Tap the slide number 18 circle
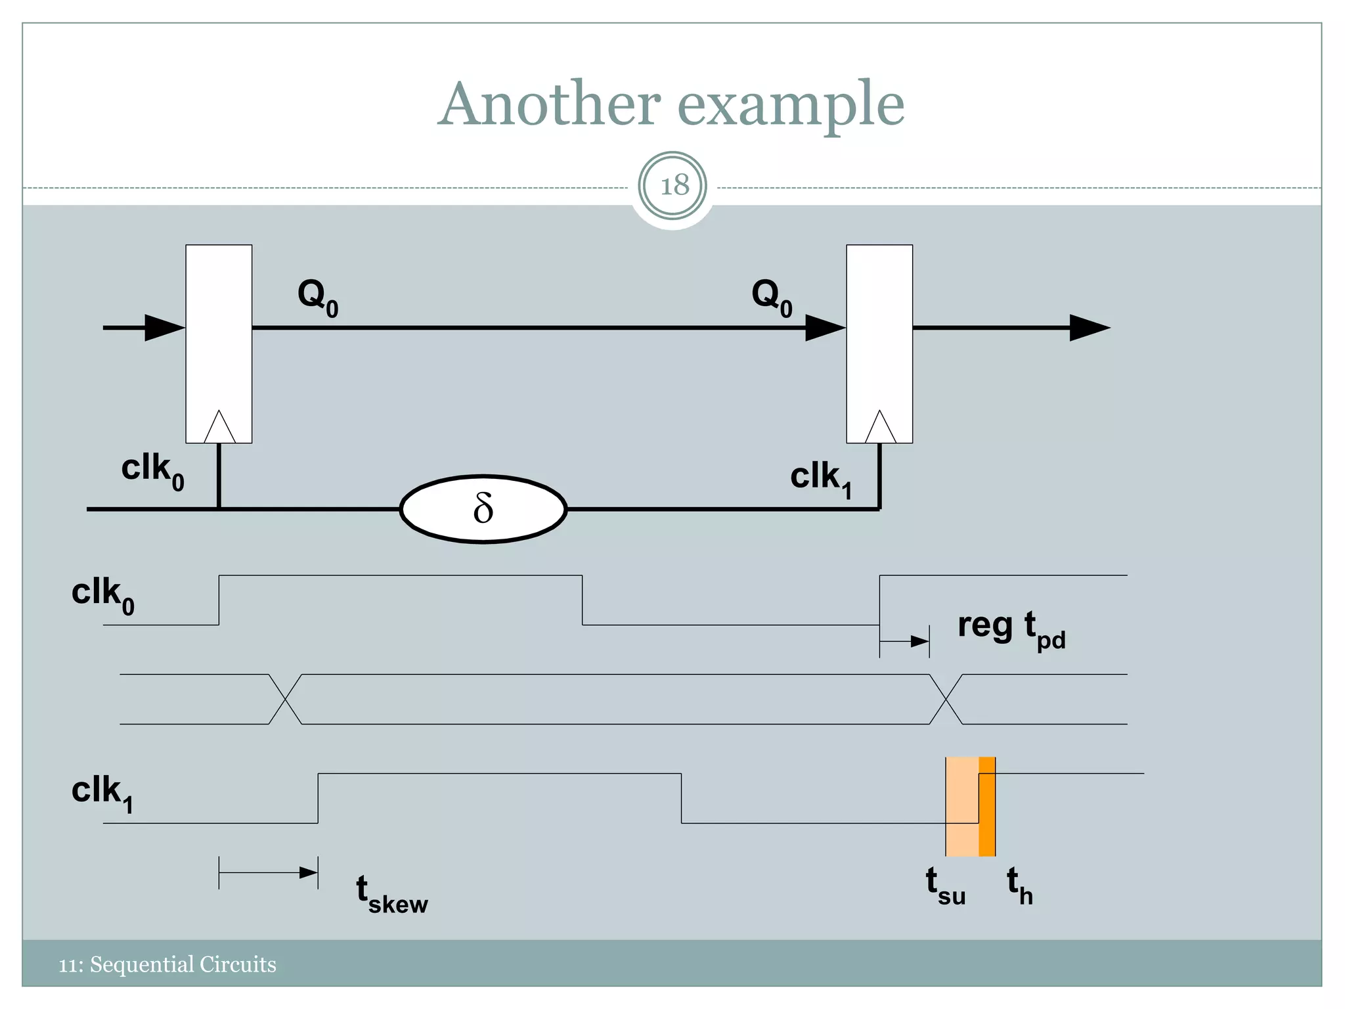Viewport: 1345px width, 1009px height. coord(672,186)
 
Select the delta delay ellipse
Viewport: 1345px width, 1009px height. coord(483,509)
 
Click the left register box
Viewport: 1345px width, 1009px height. coord(219,328)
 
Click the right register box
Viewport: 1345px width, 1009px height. coord(879,328)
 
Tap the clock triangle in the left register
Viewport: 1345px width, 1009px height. coord(219,429)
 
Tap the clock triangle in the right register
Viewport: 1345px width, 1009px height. coord(880,429)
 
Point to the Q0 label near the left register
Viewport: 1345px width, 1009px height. coord(318,297)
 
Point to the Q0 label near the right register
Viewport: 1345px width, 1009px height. coord(772,297)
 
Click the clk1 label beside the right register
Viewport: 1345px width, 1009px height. coord(821,479)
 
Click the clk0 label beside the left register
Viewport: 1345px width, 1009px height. coord(152,472)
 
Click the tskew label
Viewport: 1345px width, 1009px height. coord(391,895)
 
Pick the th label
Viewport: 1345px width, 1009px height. coord(1020,886)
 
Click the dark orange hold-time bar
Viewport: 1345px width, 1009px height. coord(987,807)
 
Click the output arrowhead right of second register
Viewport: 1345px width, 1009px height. coord(1089,328)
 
